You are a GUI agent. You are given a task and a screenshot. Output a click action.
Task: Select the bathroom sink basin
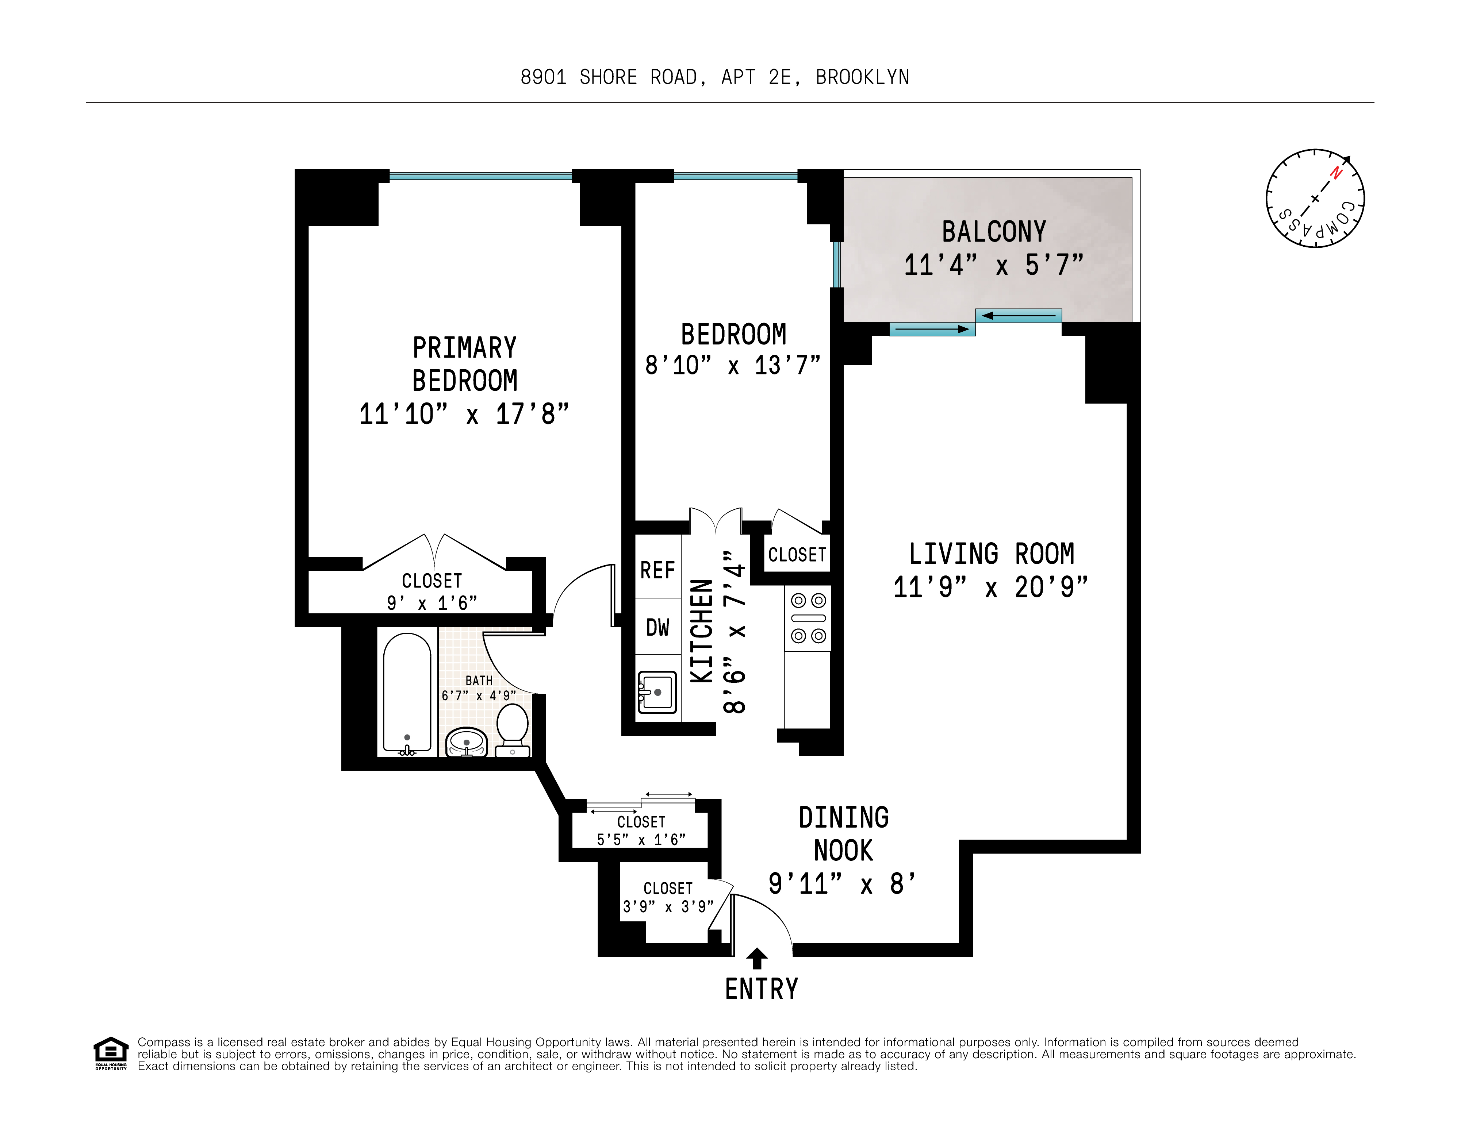tap(466, 742)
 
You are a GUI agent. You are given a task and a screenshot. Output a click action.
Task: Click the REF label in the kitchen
tap(657, 570)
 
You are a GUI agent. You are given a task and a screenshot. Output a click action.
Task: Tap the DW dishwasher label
tap(657, 627)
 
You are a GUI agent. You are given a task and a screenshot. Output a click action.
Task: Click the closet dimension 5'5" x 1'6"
tap(641, 839)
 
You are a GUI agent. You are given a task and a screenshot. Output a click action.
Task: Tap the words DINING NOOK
tap(844, 834)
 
